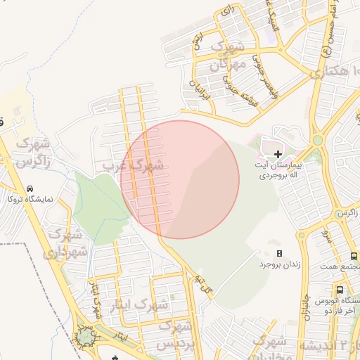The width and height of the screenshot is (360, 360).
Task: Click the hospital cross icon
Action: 278,153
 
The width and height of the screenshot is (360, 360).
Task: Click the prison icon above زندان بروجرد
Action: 279,253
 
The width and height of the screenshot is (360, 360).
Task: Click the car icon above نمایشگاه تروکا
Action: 30,188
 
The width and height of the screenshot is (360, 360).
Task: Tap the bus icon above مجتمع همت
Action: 354,256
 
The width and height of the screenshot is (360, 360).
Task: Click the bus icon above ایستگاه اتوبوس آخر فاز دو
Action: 340,289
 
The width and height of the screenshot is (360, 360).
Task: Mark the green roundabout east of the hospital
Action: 317,140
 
